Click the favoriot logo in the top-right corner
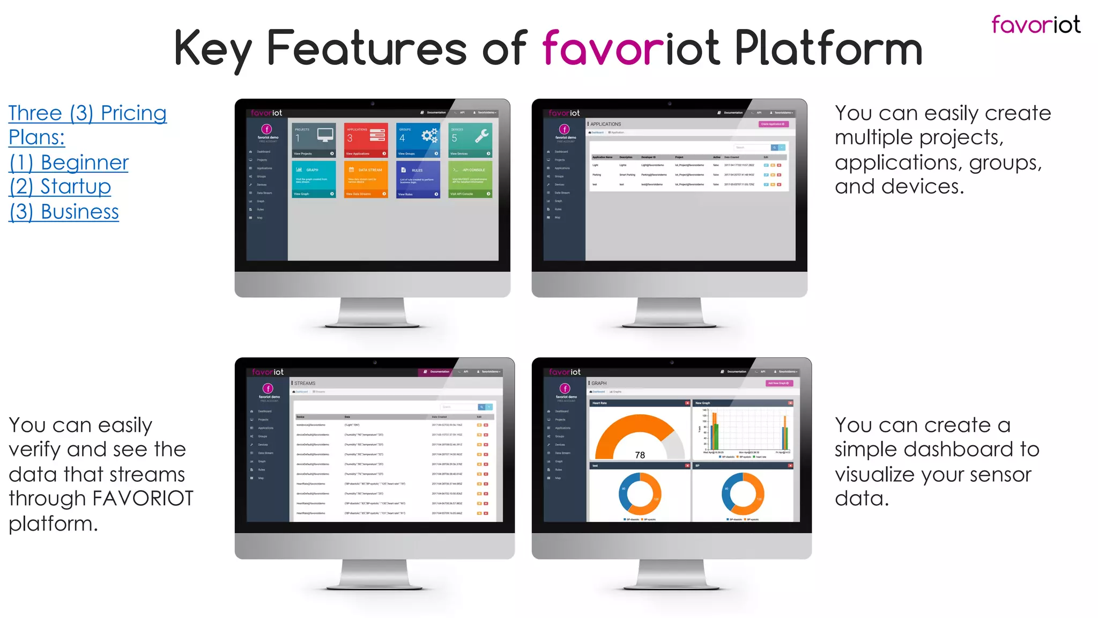tap(1035, 25)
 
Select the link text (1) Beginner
tap(69, 162)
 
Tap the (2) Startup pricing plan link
tap(60, 186)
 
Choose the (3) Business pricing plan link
tap(64, 211)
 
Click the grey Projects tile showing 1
tap(314, 139)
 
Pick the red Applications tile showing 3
tap(366, 139)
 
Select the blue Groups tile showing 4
tap(418, 139)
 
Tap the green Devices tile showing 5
tap(470, 139)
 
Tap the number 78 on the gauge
tap(640, 455)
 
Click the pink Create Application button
tap(773, 124)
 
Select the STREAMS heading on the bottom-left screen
tap(305, 383)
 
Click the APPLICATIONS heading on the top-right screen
tap(605, 124)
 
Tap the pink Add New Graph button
tap(778, 383)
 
